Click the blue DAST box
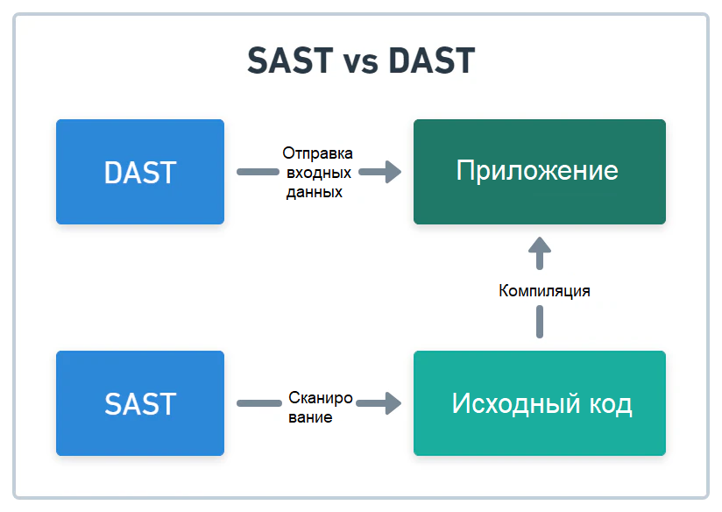pyautogui.click(x=140, y=172)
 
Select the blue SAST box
pyautogui.click(x=140, y=403)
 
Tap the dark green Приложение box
pyautogui.click(x=539, y=172)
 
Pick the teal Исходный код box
pyautogui.click(x=539, y=403)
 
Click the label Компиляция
pyautogui.click(x=544, y=291)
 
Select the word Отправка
pyautogui.click(x=317, y=153)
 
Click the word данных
pyautogui.click(x=314, y=192)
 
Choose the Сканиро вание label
pyautogui.click(x=320, y=408)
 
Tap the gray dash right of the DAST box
pyautogui.click(x=255, y=172)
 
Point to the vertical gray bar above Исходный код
pyautogui.click(x=540, y=324)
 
